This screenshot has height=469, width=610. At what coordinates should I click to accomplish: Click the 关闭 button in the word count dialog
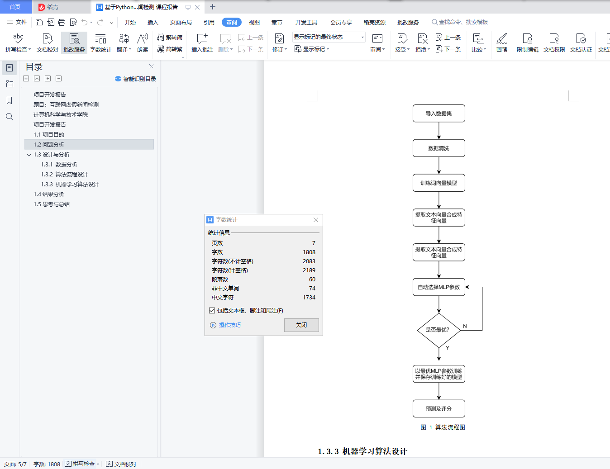301,325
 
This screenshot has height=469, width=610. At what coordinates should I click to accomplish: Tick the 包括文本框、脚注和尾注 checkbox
212,311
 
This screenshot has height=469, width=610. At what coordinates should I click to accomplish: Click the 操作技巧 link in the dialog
229,325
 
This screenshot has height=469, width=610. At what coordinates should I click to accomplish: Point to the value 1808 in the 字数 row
309,252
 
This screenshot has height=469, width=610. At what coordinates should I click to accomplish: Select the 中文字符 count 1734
309,298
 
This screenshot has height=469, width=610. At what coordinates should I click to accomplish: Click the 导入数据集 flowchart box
438,114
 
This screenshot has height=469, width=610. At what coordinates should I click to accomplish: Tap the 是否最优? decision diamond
438,330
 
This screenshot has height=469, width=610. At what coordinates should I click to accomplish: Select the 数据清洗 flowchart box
438,148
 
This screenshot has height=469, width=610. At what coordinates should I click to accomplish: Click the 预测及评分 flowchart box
438,409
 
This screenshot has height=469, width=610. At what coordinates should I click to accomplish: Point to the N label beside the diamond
465,327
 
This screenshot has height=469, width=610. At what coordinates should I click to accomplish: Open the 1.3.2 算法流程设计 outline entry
64,175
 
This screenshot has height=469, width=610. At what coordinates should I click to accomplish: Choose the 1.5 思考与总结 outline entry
52,204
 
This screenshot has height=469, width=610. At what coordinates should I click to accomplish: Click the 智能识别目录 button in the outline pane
136,79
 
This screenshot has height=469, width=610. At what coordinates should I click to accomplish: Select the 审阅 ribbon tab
232,22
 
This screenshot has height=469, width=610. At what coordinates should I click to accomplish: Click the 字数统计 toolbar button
100,43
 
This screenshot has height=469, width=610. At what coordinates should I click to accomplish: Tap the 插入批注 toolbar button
202,43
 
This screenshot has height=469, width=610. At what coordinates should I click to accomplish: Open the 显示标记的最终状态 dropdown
329,37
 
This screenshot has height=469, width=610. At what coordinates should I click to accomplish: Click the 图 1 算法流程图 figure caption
443,427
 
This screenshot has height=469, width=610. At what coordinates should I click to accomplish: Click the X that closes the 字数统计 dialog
316,220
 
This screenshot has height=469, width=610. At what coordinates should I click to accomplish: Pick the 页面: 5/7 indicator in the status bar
15,464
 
